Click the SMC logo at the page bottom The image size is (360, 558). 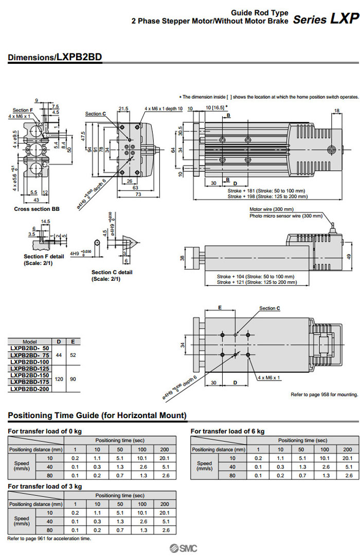coord(181,549)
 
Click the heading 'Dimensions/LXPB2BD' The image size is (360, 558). coord(55,58)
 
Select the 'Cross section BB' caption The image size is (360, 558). coord(37,209)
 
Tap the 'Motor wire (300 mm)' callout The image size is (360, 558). coord(271,209)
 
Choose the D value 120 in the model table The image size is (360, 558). coord(59,379)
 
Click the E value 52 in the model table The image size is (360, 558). coord(73,355)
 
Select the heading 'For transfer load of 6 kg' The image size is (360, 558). coord(227,431)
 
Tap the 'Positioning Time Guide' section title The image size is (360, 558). coord(97,415)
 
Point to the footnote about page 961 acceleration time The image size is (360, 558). coord(49,538)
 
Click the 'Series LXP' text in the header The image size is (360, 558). coord(326,20)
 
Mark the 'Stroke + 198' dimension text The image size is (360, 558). coord(266,196)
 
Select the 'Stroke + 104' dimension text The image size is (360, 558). coord(256,276)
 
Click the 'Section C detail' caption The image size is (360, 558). coord(112,272)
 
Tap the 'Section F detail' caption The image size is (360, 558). coord(44,256)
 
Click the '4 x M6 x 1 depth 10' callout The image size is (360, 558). coord(164,109)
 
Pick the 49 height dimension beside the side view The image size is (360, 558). coord(350,257)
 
